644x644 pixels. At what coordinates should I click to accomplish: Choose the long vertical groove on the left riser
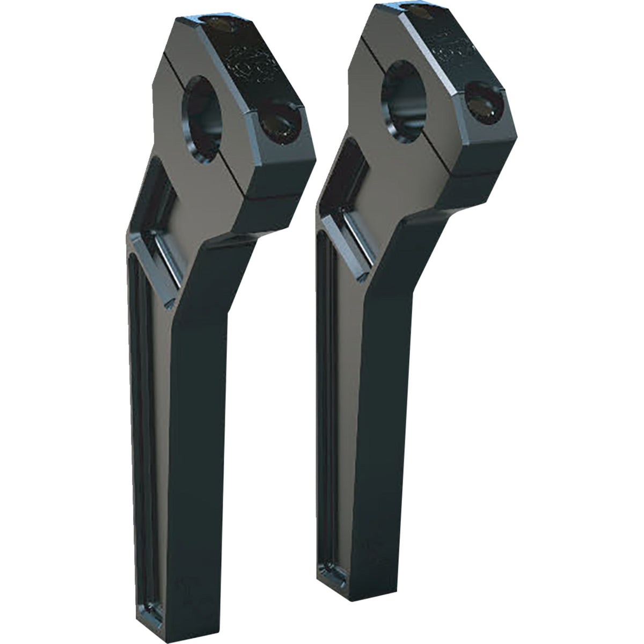[141, 429]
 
